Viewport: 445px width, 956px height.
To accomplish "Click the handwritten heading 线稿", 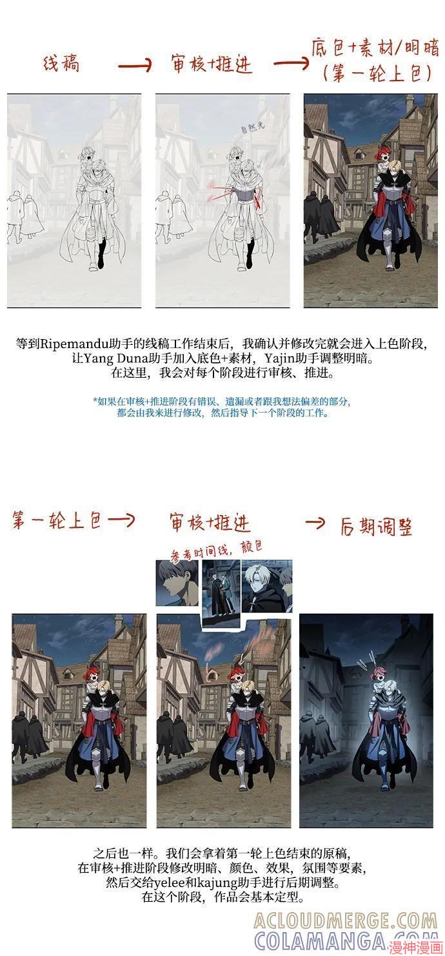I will [61, 64].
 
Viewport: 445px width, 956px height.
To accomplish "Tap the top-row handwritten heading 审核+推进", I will [211, 64].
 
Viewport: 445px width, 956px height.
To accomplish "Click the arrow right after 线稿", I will [135, 64].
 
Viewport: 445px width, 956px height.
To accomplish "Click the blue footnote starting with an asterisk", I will [222, 407].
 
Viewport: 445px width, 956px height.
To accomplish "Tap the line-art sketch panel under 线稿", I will [74, 200].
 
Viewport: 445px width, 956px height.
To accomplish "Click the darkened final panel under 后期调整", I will [366, 720].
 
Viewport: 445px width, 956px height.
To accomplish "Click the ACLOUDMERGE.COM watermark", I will [346, 920].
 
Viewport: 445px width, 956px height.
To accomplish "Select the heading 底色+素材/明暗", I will [375, 49].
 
